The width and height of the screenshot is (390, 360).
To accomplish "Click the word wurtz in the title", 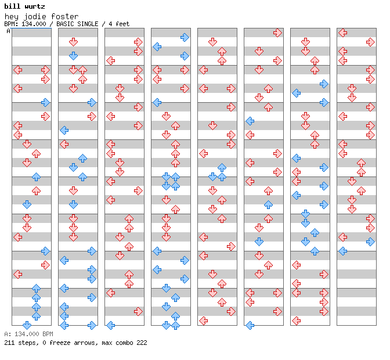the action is coord(35,6).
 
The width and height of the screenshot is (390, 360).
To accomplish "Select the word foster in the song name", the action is coord(64,16).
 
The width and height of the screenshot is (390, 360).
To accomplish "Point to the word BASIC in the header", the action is coord(65,24).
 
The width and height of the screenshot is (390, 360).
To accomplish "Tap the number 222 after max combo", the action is coord(142,343).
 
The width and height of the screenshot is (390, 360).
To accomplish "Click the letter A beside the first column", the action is coord(9,31).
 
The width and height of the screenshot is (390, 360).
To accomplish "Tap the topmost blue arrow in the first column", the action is coord(45,103).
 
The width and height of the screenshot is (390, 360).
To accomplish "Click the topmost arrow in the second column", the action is coord(73,42).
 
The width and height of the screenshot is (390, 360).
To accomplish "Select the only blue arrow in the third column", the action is coord(110,325).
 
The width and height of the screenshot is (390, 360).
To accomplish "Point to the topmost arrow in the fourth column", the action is coord(185,37).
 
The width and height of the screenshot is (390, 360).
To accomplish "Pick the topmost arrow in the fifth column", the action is coord(212,42).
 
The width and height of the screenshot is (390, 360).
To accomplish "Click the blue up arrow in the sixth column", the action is coord(268,205).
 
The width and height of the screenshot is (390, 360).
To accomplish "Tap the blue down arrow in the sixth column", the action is coord(259,242).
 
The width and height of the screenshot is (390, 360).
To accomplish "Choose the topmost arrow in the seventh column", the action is coord(305,42).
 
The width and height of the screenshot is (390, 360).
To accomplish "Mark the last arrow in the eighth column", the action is coord(342,251).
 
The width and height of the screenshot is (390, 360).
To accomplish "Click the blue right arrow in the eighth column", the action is coord(370,242).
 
